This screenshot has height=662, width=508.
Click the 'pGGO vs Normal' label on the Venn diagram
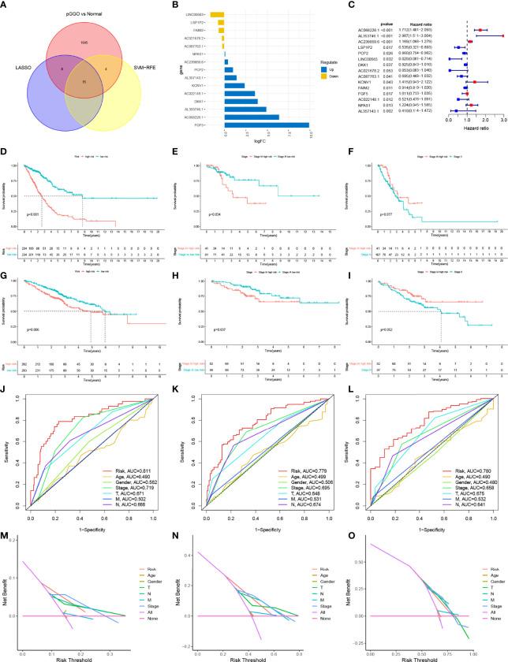[86, 13]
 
